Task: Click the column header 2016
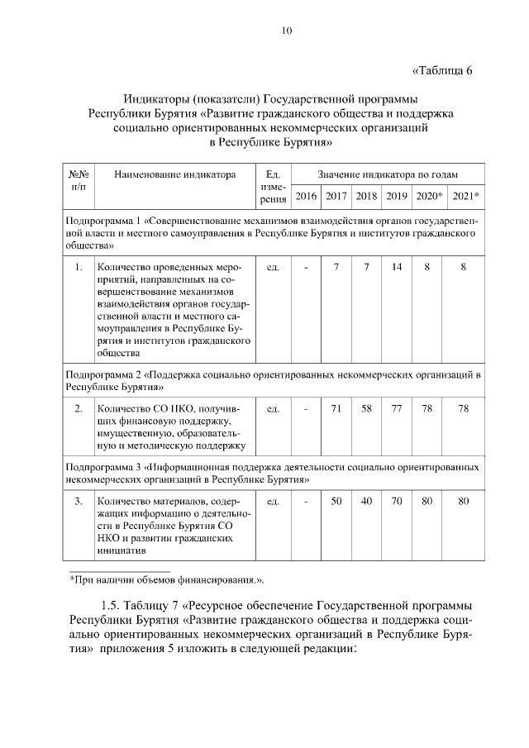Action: tap(306, 196)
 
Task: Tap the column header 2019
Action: tap(397, 196)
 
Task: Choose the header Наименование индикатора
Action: tap(174, 174)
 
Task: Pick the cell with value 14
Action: tap(397, 267)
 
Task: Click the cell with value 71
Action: tap(336, 408)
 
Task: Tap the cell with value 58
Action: tap(366, 408)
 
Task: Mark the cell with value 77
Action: tap(397, 408)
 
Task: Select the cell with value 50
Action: tap(336, 501)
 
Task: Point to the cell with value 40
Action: tap(366, 501)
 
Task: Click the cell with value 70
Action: tap(397, 501)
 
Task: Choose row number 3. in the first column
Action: tap(79, 501)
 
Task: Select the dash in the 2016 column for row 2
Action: tap(306, 408)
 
